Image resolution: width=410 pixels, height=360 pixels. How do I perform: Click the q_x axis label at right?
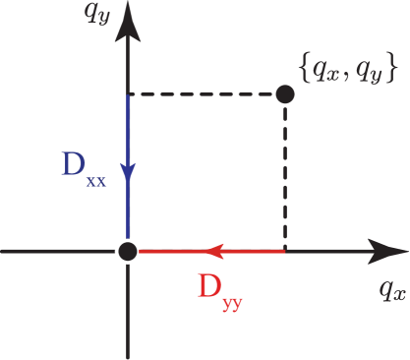click(391, 290)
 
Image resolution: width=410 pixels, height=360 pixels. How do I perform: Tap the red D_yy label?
click(219, 290)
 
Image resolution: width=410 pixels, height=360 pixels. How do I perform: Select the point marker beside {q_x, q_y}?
click(284, 93)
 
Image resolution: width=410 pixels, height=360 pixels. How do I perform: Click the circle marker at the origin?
click(127, 252)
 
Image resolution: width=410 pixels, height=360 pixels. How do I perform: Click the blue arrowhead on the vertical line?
click(128, 173)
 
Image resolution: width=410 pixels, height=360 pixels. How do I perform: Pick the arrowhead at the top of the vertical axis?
click(128, 27)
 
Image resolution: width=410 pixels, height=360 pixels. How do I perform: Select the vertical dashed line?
click(285, 177)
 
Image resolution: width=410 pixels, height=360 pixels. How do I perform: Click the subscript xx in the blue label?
click(95, 181)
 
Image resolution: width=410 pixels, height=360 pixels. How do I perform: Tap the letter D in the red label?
click(208, 286)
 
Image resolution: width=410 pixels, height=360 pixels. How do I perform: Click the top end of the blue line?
click(128, 95)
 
